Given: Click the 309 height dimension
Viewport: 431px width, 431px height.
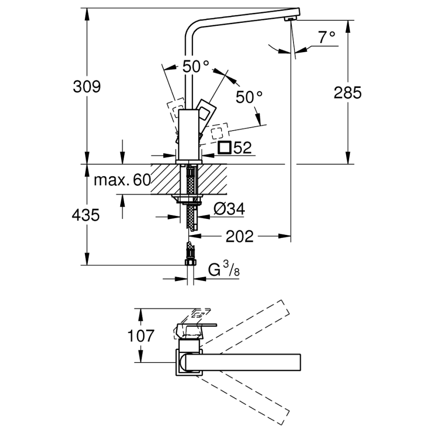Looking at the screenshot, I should (x=87, y=86).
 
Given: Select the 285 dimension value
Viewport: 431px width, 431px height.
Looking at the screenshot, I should (x=347, y=92).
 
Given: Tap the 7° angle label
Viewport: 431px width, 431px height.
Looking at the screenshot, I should (x=327, y=37).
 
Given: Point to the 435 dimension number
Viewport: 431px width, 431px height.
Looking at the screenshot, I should (x=86, y=215).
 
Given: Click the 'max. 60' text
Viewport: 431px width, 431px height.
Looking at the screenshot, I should (x=122, y=180).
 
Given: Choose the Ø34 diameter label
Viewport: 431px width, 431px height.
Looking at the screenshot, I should (x=229, y=210).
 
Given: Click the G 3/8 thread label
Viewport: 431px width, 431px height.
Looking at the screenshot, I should (x=223, y=271).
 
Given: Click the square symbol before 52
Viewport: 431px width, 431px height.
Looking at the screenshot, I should (x=224, y=147).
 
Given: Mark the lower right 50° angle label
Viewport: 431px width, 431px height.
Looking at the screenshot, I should (x=248, y=97).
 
